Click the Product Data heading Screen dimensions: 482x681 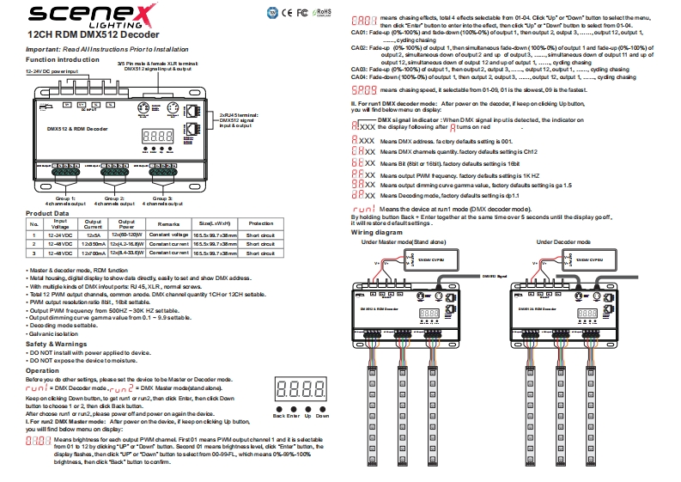[x=47, y=212]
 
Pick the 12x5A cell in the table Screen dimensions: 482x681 [x=94, y=234]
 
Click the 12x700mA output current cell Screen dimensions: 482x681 [x=94, y=255]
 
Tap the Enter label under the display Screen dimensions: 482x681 [x=294, y=415]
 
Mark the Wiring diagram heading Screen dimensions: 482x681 [x=376, y=233]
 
